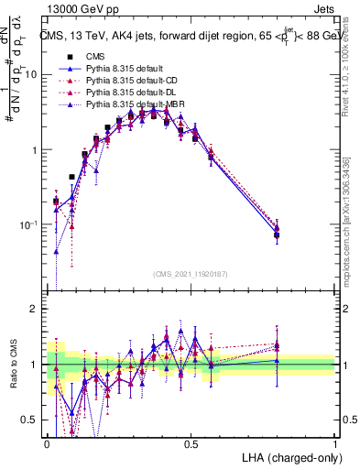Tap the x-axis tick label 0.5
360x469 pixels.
pos(191,442)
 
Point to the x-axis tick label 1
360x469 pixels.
pos(334,442)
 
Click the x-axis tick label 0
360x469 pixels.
pos(47,442)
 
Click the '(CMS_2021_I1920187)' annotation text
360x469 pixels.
pos(191,273)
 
